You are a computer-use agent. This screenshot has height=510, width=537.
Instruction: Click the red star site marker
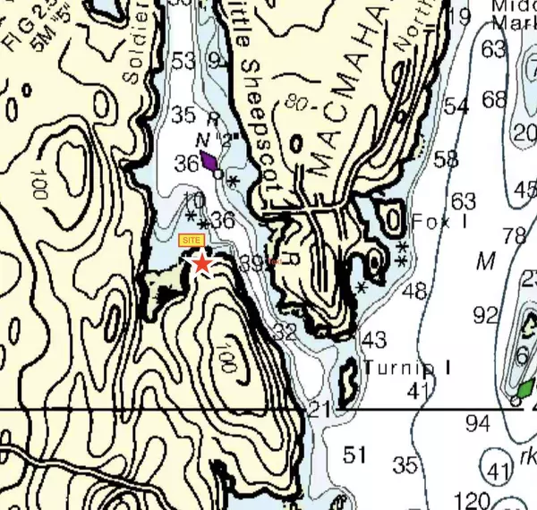pyautogui.click(x=203, y=263)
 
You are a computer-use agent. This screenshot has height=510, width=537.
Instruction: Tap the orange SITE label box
pyautogui.click(x=191, y=240)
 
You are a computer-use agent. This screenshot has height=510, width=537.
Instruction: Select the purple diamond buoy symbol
pyautogui.click(x=209, y=161)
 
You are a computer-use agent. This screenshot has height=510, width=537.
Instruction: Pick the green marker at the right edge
pyautogui.click(x=527, y=388)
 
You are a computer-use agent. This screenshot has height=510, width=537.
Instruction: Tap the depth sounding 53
pyautogui.click(x=183, y=62)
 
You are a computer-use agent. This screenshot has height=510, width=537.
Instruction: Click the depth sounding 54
pyautogui.click(x=456, y=106)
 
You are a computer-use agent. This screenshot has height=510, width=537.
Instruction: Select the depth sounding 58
pyautogui.click(x=446, y=159)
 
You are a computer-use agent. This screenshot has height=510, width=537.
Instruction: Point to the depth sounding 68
pyautogui.click(x=494, y=99)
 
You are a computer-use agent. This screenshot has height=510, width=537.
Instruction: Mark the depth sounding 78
pyautogui.click(x=514, y=236)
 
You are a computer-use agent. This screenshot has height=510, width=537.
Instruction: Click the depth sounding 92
pyautogui.click(x=485, y=315)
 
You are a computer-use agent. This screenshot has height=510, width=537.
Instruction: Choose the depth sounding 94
pyautogui.click(x=478, y=423)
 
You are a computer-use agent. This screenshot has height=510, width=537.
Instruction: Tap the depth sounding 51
pyautogui.click(x=355, y=455)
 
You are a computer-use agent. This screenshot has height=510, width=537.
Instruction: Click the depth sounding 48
pyautogui.click(x=414, y=291)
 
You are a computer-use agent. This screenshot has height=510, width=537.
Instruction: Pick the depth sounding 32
pyautogui.click(x=285, y=332)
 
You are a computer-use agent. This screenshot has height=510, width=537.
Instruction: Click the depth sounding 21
pyautogui.click(x=320, y=410)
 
